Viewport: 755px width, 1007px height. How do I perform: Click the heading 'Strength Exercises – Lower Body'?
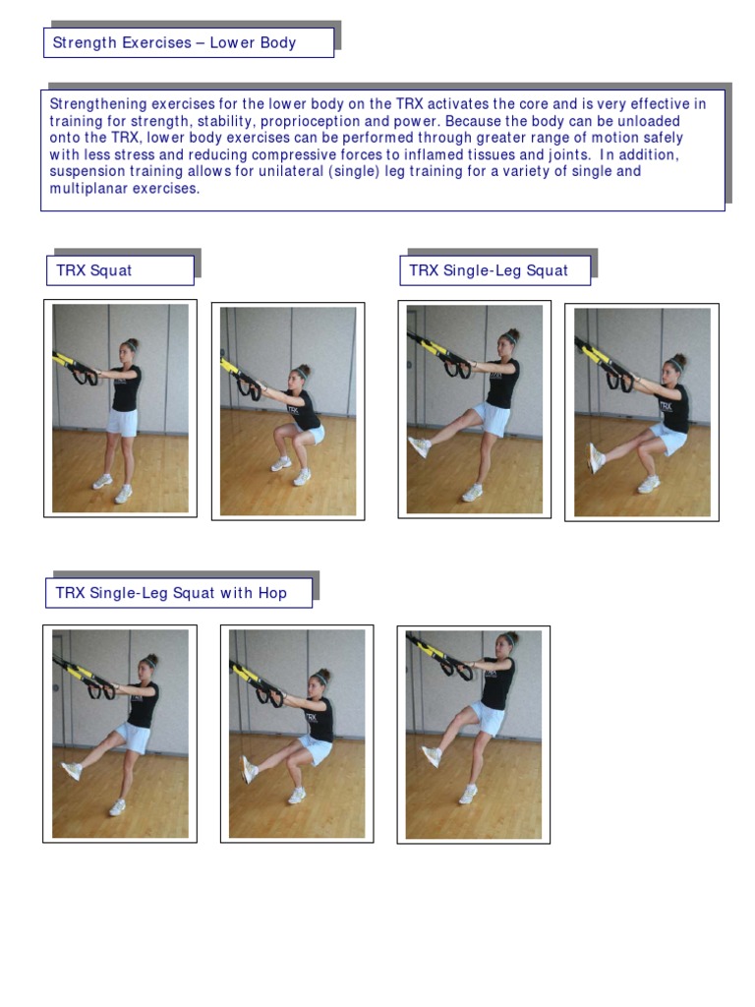pyautogui.click(x=174, y=42)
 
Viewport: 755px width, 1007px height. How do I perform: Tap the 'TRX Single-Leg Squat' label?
pyautogui.click(x=489, y=270)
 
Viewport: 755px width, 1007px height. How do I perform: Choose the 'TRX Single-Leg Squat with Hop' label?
pyautogui.click(x=171, y=593)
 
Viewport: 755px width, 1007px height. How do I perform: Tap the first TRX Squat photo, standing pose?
pyautogui.click(x=120, y=408)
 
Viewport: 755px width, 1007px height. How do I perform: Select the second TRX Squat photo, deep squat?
pyautogui.click(x=288, y=411)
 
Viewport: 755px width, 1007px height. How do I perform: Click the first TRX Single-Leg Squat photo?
pyautogui.click(x=474, y=408)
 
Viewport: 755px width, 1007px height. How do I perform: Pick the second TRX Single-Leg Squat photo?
pyautogui.click(x=641, y=411)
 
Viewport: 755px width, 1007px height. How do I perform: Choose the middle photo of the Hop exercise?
pyautogui.click(x=296, y=734)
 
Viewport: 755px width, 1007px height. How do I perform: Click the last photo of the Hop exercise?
pyautogui.click(x=473, y=734)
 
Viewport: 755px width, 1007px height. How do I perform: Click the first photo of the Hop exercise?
pyautogui.click(x=119, y=734)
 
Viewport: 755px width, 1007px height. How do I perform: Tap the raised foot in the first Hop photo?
pyautogui.click(x=71, y=770)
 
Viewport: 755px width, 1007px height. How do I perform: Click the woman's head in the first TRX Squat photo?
pyautogui.click(x=128, y=350)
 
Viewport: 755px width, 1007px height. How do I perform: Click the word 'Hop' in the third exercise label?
pyautogui.click(x=271, y=593)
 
